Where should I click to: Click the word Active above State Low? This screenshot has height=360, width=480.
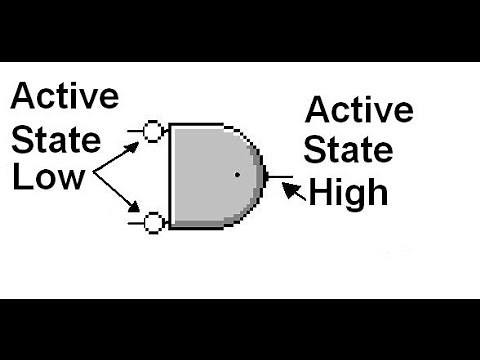(65, 96)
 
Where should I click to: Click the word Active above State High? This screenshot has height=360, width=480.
(359, 109)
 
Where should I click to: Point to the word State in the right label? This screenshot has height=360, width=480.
(349, 149)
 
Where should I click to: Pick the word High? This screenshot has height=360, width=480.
(349, 191)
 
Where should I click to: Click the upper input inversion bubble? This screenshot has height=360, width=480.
(153, 131)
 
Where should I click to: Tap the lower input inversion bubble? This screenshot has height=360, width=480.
(153, 222)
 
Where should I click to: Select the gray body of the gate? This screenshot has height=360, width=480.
(210, 176)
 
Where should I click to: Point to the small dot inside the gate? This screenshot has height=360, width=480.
(237, 176)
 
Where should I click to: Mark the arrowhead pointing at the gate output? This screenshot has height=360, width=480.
(288, 185)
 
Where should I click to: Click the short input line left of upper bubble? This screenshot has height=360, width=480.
(136, 130)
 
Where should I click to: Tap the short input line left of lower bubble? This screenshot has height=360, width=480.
(136, 222)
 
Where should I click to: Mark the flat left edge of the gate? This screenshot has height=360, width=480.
(169, 176)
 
